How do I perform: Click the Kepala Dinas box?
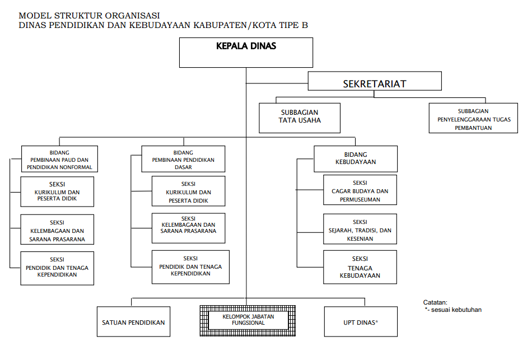[245, 52]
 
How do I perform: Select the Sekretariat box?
[374, 84]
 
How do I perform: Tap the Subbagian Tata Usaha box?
[300, 117]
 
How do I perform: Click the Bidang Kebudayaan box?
[356, 158]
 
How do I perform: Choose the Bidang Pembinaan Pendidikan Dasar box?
[183, 159]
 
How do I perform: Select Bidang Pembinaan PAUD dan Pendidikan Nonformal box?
[59, 159]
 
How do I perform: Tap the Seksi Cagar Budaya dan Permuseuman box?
[360, 191]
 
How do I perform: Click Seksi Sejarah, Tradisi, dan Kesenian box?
[360, 228]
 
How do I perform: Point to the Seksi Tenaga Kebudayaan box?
[360, 267]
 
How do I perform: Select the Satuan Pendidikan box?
[133, 322]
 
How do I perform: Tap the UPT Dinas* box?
[361, 322]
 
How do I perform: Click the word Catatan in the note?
[435, 302]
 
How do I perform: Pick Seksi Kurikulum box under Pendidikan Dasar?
[188, 191]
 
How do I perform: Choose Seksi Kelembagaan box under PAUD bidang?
[57, 229]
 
